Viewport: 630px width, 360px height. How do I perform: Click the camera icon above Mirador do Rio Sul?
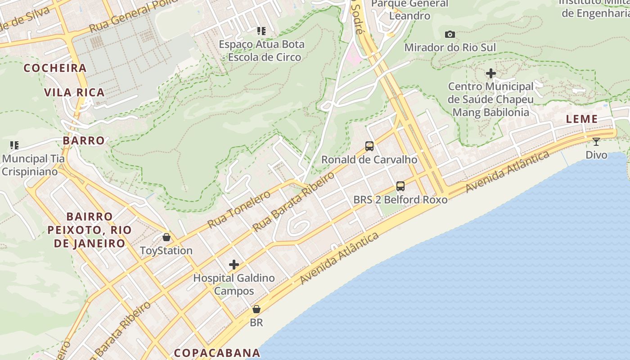coord(450,35)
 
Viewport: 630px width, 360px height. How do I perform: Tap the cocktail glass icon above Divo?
coord(596,142)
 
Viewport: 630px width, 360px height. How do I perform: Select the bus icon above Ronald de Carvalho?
coord(369,146)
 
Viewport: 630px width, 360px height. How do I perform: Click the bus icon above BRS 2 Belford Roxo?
coord(400,186)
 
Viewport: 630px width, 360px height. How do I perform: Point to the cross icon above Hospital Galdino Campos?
coord(234,265)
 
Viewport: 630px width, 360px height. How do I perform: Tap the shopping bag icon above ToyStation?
coord(166,237)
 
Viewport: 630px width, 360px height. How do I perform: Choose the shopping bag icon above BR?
coord(256,309)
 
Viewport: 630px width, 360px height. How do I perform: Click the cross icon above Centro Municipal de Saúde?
coord(491,73)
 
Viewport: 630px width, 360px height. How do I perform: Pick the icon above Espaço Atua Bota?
coord(261,31)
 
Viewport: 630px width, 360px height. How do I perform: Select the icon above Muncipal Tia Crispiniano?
coord(14,145)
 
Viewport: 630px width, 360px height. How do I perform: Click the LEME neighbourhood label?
coord(582,119)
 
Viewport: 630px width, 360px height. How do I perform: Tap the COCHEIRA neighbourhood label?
coord(55,68)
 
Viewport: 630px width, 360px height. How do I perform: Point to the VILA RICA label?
coord(74,93)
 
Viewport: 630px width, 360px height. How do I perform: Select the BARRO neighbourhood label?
coord(84,140)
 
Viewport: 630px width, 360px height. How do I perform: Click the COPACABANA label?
coord(217,352)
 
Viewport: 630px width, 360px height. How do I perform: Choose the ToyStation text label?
coord(166,251)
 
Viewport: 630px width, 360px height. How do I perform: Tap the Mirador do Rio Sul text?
coord(450,47)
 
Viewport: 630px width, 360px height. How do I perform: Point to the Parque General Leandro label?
coord(409,9)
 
